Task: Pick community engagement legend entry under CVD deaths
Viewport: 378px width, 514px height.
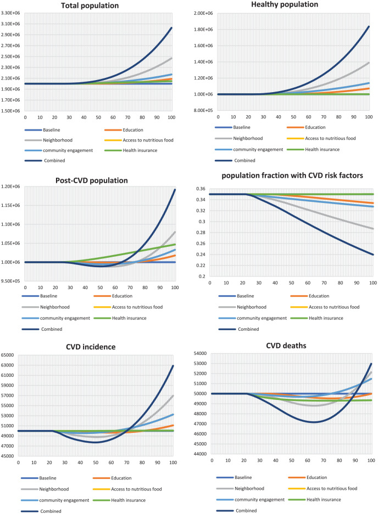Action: click(260, 499)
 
